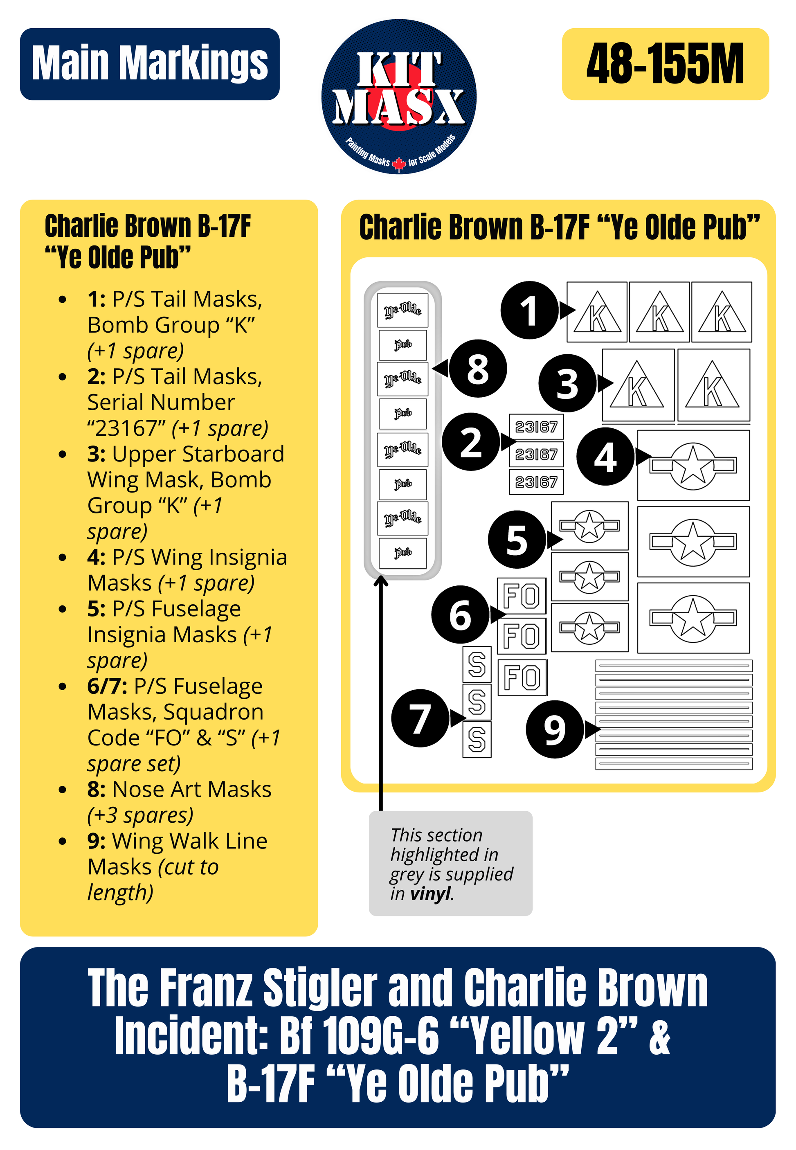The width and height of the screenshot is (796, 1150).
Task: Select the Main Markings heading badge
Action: point(150,64)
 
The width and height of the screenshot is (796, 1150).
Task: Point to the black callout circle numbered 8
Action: point(478,369)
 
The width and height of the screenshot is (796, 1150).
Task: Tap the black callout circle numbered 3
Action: point(567,383)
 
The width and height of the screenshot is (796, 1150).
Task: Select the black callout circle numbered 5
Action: point(517,539)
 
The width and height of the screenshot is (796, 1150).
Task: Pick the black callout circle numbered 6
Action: point(460,614)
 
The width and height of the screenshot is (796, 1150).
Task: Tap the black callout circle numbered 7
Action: point(420,718)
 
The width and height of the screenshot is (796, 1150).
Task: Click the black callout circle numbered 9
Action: point(555,729)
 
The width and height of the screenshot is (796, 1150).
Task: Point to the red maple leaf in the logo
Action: point(398,163)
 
